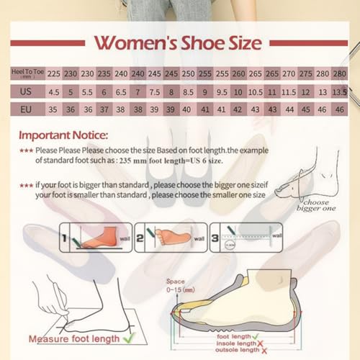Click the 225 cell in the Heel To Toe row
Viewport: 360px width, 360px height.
[54, 73]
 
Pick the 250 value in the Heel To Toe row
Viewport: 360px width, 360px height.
[188, 73]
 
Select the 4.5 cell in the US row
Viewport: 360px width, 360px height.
[54, 92]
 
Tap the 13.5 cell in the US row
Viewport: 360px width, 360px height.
[338, 92]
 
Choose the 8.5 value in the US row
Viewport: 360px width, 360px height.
[188, 92]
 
